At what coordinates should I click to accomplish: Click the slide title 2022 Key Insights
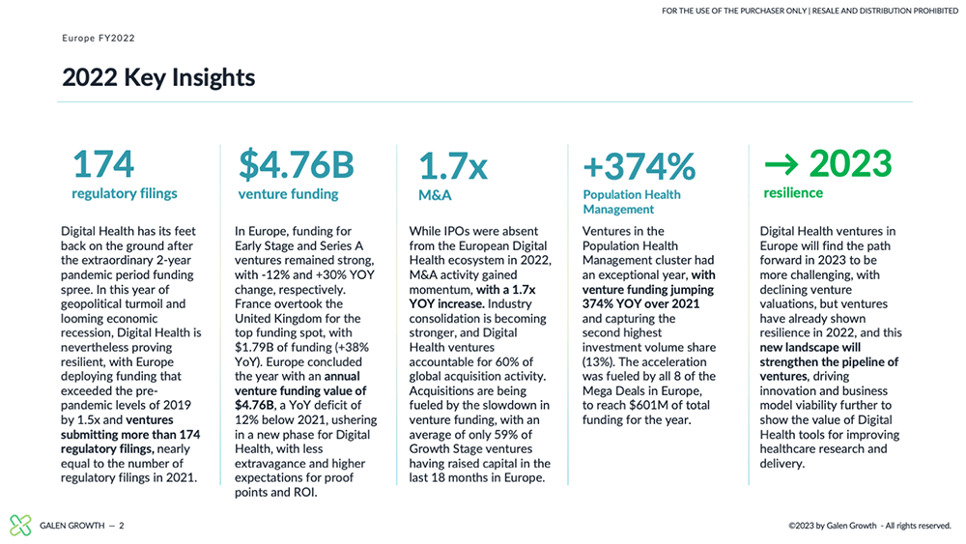click(x=158, y=78)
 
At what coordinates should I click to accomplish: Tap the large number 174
click(x=103, y=164)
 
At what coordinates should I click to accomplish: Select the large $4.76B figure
click(x=297, y=164)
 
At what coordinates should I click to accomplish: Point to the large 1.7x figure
click(x=453, y=166)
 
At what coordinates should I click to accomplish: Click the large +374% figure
click(x=639, y=166)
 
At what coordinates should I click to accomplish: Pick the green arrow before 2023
click(x=781, y=164)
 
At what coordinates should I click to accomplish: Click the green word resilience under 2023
click(x=793, y=193)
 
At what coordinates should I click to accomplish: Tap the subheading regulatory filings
click(x=125, y=193)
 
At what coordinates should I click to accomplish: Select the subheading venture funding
click(x=288, y=194)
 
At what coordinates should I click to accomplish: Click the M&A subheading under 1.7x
click(x=435, y=195)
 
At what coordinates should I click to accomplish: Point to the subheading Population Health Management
click(x=632, y=201)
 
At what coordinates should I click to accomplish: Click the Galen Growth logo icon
click(x=20, y=525)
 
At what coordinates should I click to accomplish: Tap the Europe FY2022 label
click(x=98, y=39)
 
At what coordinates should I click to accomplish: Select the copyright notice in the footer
click(x=870, y=526)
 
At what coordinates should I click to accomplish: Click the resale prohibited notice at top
click(x=810, y=11)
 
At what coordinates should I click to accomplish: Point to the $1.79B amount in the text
click(x=254, y=348)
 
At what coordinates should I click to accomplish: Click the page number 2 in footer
click(x=122, y=526)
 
